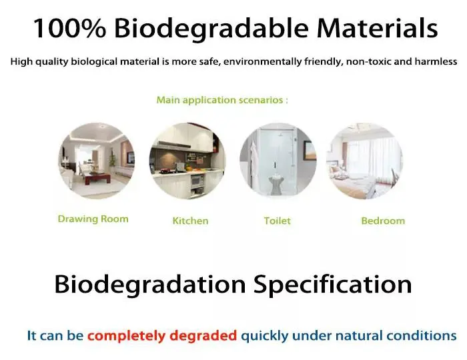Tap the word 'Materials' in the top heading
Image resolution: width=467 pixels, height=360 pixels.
tap(378, 29)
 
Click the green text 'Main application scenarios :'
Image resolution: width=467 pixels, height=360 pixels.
tap(222, 100)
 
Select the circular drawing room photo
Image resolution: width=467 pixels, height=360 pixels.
tap(96, 160)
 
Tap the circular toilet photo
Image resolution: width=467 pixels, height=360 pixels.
tap(277, 161)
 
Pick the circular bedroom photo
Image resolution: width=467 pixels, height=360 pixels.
tap(364, 161)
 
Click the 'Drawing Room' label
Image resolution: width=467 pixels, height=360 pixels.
tap(93, 219)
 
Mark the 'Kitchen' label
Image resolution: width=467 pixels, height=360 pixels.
tap(190, 221)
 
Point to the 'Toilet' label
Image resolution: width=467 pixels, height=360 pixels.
tap(277, 221)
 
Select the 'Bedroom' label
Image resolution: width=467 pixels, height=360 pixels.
tap(383, 221)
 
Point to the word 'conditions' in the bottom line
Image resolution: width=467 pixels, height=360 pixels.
tap(424, 336)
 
